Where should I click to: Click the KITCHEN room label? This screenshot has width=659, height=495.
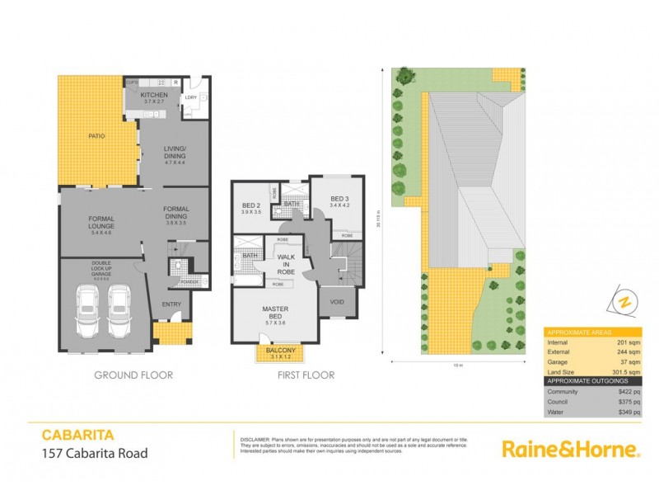pos(154,95)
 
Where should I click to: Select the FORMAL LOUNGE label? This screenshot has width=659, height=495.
pos(101,222)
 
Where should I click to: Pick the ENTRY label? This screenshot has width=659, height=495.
pos(171,304)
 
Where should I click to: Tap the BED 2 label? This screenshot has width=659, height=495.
pos(251,206)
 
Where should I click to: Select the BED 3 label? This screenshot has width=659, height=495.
pos(339,199)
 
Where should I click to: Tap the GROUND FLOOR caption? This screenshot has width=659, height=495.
pos(133,375)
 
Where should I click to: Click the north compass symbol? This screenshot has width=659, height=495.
pos(623,302)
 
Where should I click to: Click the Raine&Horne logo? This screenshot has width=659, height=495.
pos(571,450)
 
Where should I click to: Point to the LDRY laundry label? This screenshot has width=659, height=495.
pos(190,97)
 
